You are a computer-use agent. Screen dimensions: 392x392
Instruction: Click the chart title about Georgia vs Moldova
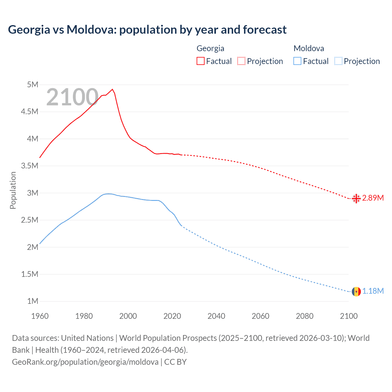[x=147, y=30]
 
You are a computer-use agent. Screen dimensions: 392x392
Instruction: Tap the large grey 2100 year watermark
[x=72, y=97]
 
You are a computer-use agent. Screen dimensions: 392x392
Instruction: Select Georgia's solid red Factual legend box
[x=200, y=61]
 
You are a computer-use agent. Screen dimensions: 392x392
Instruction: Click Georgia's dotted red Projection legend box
[x=241, y=61]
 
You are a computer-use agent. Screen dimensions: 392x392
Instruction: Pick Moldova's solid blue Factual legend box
[x=297, y=61]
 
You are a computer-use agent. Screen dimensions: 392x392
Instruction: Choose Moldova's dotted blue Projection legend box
[x=338, y=61]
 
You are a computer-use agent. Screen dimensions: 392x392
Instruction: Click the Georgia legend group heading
[x=210, y=48]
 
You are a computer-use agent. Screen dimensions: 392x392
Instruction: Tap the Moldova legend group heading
[x=308, y=48]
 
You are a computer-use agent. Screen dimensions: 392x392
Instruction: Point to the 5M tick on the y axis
[x=32, y=85]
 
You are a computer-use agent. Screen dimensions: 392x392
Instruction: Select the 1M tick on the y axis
[x=32, y=301]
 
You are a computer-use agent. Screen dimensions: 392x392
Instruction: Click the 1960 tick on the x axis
[x=40, y=316]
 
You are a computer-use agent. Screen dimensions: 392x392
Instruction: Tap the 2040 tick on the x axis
[x=216, y=316]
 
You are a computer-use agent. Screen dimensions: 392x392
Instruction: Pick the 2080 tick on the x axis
[x=304, y=316]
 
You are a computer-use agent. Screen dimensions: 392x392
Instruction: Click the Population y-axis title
[x=13, y=190]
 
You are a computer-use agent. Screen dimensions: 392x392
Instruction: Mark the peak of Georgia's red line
[x=112, y=89]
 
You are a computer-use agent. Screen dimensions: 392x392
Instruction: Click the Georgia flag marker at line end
[x=356, y=198]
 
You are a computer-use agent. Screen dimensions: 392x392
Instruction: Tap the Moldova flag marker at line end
[x=356, y=291]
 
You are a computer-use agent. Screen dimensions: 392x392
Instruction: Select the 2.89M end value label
[x=373, y=198]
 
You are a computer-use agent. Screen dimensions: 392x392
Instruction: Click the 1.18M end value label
[x=373, y=291]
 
